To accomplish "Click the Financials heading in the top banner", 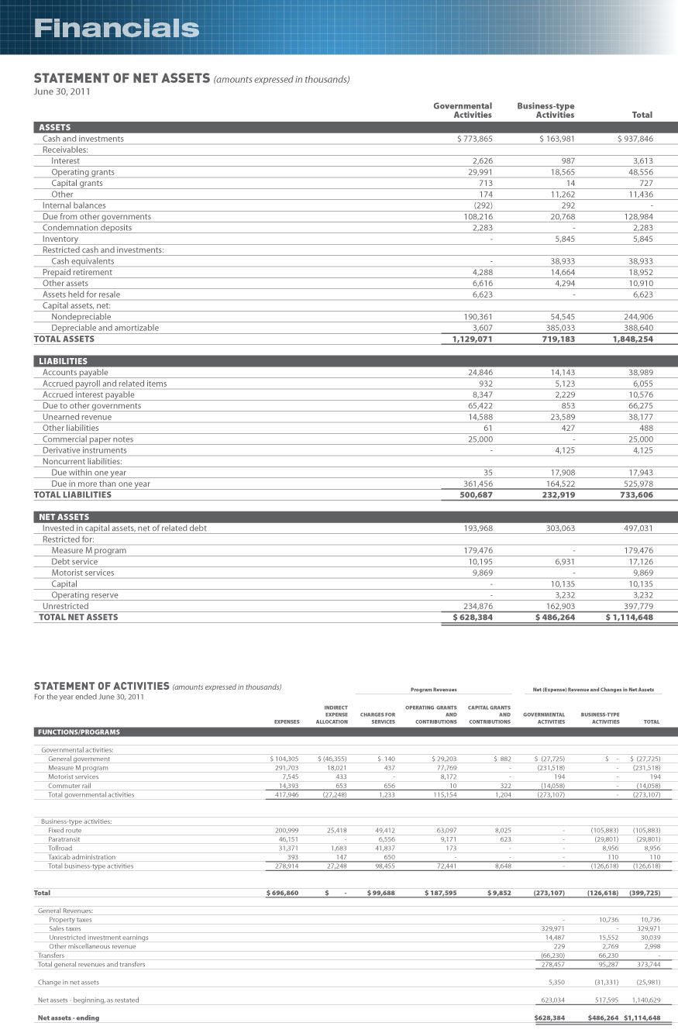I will click(x=116, y=29).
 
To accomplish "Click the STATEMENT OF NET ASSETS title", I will click(x=122, y=78).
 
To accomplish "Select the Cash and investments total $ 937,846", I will click(x=635, y=139).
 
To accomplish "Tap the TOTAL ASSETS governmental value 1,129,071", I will click(x=467, y=339).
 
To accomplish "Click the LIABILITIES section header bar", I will click(x=356, y=361).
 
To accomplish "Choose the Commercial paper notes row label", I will click(x=88, y=439).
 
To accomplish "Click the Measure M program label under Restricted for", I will click(x=88, y=550).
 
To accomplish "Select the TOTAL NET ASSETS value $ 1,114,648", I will click(x=628, y=617).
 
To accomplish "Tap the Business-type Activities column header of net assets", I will click(x=545, y=110).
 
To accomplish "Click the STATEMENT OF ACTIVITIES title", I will click(x=102, y=686).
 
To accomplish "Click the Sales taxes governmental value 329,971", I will click(x=552, y=928).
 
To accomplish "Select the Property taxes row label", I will click(x=71, y=919).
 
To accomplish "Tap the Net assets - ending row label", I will click(x=69, y=1017).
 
